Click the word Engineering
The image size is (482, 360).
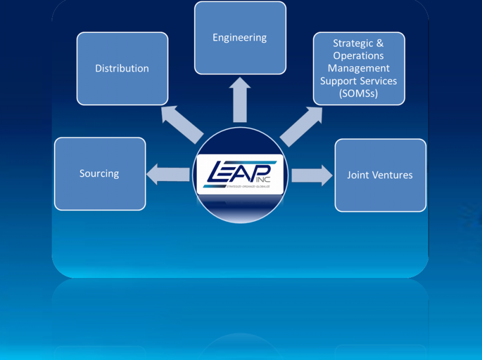click(239, 38)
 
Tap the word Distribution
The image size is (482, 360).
click(122, 68)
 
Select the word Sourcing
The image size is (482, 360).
click(99, 174)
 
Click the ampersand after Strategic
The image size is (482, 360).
click(380, 43)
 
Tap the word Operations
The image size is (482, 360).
click(359, 55)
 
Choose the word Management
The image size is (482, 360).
click(359, 68)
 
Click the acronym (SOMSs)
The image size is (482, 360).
click(359, 94)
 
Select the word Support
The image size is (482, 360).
click(337, 81)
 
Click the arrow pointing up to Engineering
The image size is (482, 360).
click(240, 100)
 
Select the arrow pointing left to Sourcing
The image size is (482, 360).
click(168, 175)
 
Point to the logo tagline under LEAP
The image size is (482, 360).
click(247, 186)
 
